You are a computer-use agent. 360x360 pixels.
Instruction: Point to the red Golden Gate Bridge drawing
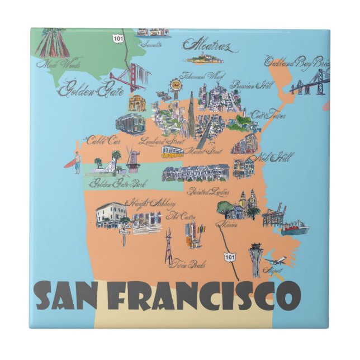(130, 78)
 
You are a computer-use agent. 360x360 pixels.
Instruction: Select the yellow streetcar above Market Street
(173, 151)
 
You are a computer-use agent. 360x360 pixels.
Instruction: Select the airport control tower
(255, 258)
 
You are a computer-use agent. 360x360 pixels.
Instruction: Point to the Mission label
(229, 225)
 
